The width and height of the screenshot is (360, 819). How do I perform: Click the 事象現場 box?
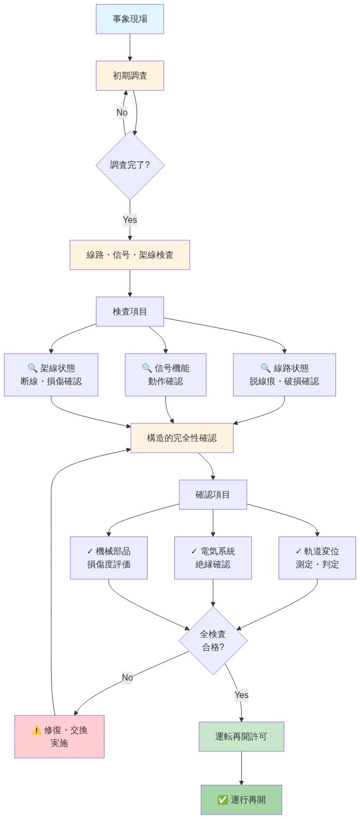(x=130, y=19)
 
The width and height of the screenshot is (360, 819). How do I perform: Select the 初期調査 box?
(x=130, y=76)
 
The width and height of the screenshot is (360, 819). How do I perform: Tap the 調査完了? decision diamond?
(x=130, y=165)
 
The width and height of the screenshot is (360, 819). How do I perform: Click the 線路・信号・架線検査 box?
(x=130, y=255)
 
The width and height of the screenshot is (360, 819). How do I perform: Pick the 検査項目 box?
(x=130, y=312)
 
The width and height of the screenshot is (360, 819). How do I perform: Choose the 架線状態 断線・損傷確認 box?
(x=51, y=375)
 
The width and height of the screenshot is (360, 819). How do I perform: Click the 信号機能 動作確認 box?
(x=166, y=375)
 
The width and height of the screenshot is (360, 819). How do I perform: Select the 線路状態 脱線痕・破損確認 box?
(x=284, y=375)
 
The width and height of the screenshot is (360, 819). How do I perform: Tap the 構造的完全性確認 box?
(x=182, y=438)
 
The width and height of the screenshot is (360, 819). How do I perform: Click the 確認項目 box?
(x=213, y=495)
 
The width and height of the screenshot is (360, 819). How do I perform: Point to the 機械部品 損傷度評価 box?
(x=109, y=558)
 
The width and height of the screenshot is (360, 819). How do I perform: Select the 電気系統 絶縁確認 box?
(x=213, y=558)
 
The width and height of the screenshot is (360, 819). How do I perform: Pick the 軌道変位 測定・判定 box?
(x=317, y=558)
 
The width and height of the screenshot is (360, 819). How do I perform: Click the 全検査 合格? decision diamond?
(x=213, y=641)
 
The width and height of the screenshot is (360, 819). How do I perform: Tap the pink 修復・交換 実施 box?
(x=59, y=737)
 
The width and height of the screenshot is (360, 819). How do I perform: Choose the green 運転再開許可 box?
(x=241, y=737)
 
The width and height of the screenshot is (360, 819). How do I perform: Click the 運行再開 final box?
(x=241, y=800)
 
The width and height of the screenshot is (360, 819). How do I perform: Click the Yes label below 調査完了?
(x=130, y=220)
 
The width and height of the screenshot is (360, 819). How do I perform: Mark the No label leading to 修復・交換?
(x=127, y=678)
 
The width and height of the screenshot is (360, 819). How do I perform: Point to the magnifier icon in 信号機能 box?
(x=147, y=368)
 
